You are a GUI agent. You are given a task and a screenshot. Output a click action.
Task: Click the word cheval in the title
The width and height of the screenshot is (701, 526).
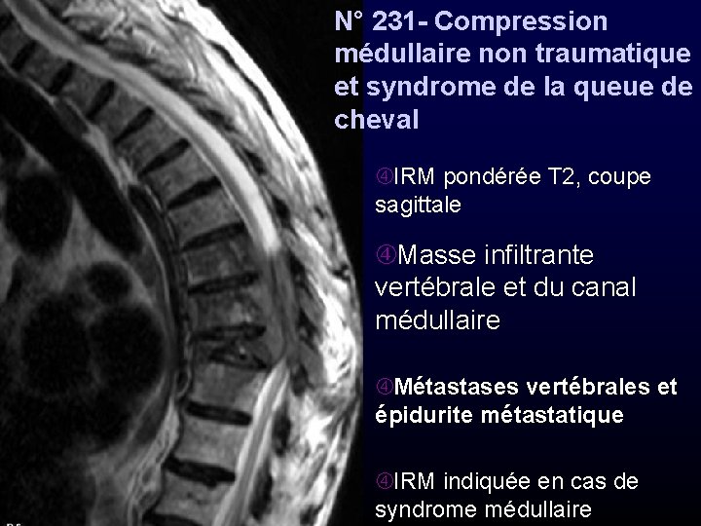(x=376, y=120)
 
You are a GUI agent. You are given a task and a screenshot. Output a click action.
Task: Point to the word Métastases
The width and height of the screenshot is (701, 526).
(x=452, y=388)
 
